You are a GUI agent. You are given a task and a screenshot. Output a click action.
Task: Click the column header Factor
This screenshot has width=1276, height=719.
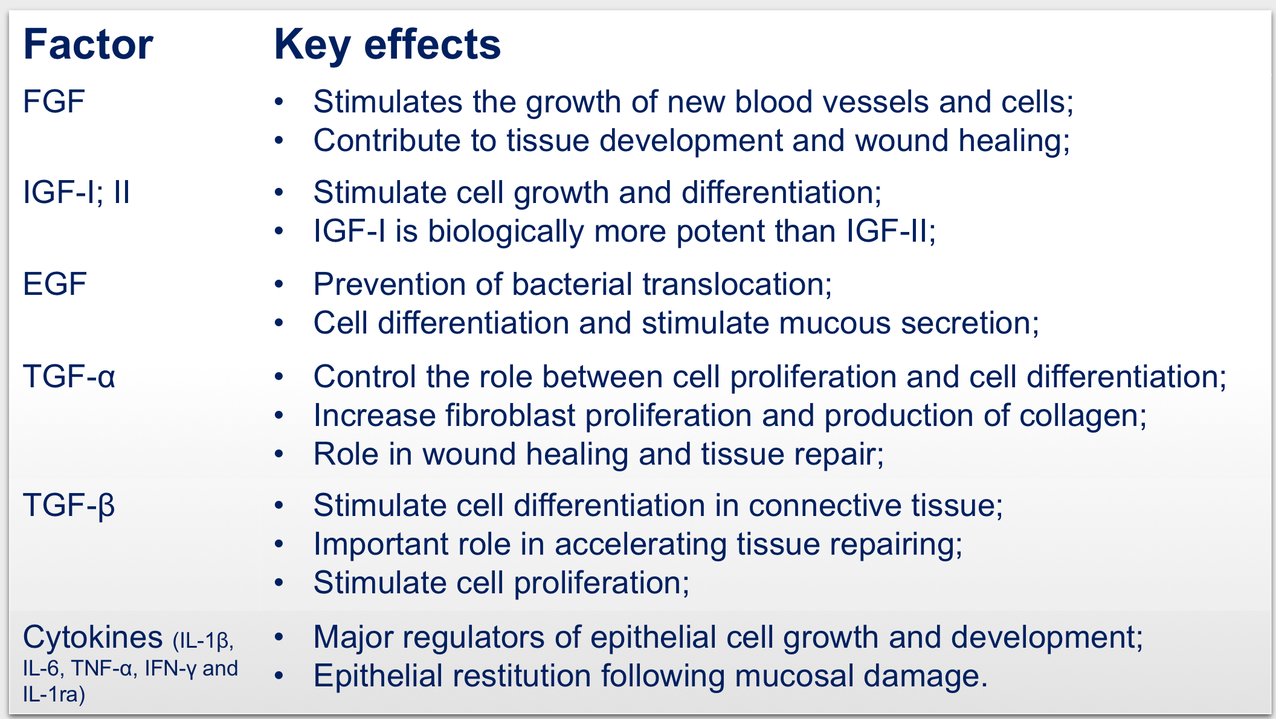point(88,45)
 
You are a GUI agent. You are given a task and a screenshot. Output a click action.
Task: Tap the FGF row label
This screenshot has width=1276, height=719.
point(54,102)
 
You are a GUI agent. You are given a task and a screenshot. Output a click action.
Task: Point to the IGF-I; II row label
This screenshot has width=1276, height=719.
point(77,193)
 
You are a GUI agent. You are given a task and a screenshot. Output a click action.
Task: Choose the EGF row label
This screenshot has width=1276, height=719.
point(55,285)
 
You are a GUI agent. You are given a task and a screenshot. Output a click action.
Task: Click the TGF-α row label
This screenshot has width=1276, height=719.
point(69,376)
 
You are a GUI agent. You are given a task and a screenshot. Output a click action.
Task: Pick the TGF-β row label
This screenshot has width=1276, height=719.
point(69,505)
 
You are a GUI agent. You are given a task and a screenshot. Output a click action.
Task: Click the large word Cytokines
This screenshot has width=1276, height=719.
point(93,637)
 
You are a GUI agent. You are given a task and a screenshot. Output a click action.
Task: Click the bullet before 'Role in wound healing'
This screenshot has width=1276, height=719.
point(279,454)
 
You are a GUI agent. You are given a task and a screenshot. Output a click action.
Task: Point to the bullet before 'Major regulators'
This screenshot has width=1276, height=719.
point(279,637)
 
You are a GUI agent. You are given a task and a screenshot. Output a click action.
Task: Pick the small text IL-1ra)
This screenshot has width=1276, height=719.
point(54,695)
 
